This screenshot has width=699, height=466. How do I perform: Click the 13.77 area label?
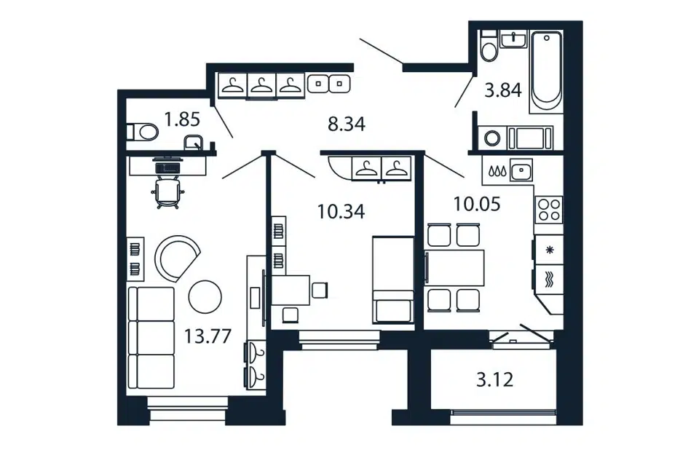click(x=208, y=336)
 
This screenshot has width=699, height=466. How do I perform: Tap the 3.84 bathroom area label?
click(x=503, y=90)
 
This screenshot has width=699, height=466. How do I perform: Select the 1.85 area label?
click(x=182, y=119)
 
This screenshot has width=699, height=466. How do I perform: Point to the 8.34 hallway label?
click(x=347, y=124)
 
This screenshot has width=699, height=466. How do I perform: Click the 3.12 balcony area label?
click(x=495, y=380)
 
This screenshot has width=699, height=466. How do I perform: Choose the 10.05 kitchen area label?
click(x=476, y=204)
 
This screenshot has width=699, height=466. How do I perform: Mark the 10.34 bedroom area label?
click(x=341, y=211)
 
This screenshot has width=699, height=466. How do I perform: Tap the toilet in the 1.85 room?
click(x=142, y=132)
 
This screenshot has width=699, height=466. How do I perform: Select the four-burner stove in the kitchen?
click(x=549, y=210)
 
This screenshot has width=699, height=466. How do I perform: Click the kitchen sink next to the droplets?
click(x=521, y=170)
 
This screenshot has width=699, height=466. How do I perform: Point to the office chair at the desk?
click(x=167, y=192)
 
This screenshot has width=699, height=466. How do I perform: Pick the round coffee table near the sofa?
click(x=205, y=296)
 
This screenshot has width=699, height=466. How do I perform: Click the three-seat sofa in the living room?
click(x=151, y=339)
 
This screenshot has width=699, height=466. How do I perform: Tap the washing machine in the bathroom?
click(x=492, y=138)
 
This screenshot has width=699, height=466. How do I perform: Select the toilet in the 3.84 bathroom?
click(x=489, y=46)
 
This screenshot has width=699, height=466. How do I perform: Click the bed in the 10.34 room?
click(x=393, y=280)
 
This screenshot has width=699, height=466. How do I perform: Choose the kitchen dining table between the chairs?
click(x=455, y=267)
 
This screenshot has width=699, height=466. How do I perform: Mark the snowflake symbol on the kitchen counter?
click(x=550, y=250)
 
